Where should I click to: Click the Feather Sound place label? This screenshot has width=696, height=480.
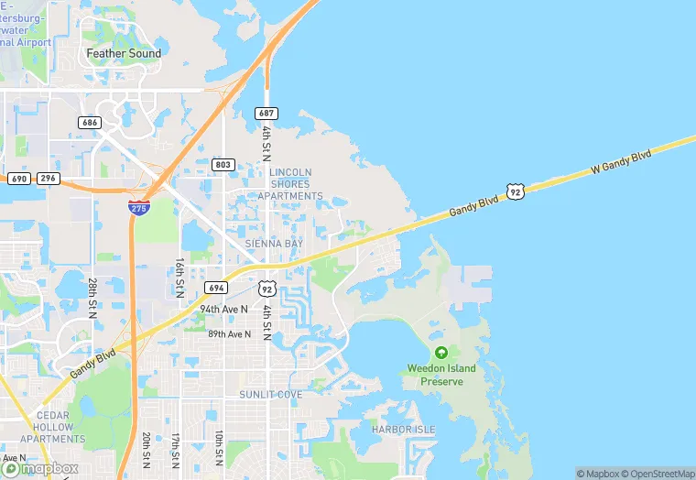pyautogui.click(x=124, y=53)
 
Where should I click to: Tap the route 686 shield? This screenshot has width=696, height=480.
pyautogui.click(x=90, y=122)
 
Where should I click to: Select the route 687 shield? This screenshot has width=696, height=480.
pyautogui.click(x=266, y=113)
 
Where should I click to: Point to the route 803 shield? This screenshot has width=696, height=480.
pyautogui.click(x=223, y=165)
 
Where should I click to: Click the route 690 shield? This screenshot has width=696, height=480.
pyautogui.click(x=19, y=178)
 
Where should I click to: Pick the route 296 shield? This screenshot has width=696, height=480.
pyautogui.click(x=49, y=178)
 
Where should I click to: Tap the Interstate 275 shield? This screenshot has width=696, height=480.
pyautogui.click(x=139, y=208)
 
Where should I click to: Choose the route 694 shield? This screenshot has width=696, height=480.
pyautogui.click(x=216, y=288)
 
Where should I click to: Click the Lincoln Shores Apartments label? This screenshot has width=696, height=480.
pyautogui.click(x=290, y=184)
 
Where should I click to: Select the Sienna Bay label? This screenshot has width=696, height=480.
pyautogui.click(x=273, y=244)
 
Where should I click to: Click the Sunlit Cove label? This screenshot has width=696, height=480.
pyautogui.click(x=271, y=395)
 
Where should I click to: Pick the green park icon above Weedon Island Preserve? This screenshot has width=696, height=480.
pyautogui.click(x=441, y=353)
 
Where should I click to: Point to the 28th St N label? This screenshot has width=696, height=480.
pyautogui.click(x=93, y=297)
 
